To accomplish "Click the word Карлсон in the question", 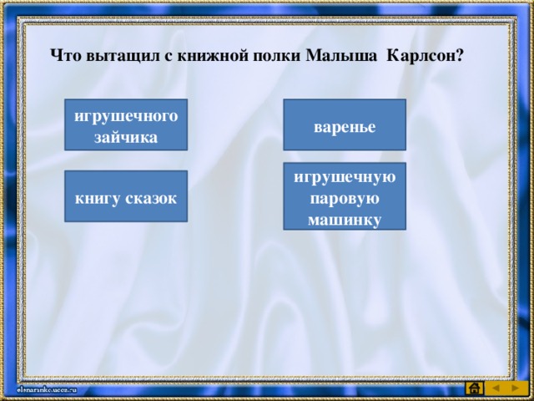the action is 421,56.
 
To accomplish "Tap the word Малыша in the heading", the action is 341,56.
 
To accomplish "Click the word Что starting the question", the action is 66,56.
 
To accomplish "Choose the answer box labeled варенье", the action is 345,124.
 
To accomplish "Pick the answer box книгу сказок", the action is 126,196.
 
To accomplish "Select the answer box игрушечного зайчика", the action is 126,124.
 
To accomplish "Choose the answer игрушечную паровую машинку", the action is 345,196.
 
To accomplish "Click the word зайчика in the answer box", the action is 126,138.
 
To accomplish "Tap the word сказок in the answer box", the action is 151,199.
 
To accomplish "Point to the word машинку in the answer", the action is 345,220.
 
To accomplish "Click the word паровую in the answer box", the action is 345,199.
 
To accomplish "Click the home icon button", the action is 475,388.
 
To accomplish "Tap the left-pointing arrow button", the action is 496,388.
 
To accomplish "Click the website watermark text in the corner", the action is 47,390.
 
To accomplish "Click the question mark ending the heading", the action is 460,56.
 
